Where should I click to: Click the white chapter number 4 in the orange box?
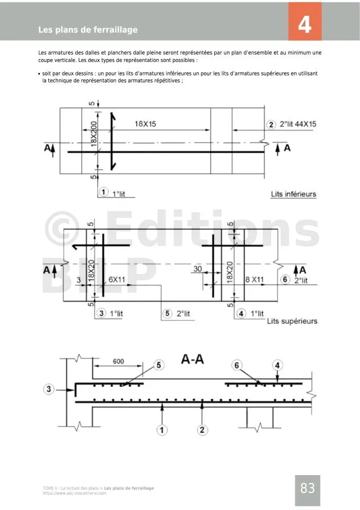(x=304, y=24)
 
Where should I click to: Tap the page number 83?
(x=307, y=488)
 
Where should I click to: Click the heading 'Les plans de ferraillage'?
(x=88, y=30)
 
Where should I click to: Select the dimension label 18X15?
(x=145, y=124)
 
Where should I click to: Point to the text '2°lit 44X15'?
(x=298, y=124)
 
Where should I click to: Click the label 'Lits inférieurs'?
(x=294, y=194)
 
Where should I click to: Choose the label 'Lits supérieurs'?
(x=292, y=321)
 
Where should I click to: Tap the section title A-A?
(x=192, y=359)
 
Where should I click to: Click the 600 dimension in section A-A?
(x=118, y=361)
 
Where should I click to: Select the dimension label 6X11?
(x=116, y=279)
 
